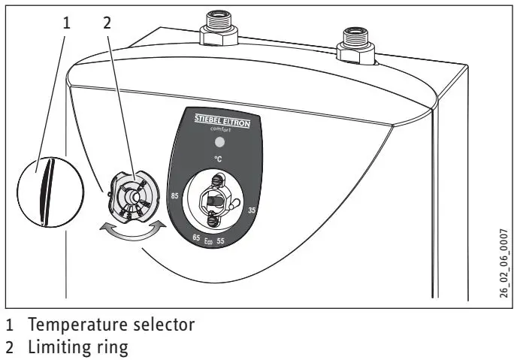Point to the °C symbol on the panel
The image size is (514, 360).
click(x=217, y=159)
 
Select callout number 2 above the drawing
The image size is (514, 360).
click(x=107, y=23)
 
